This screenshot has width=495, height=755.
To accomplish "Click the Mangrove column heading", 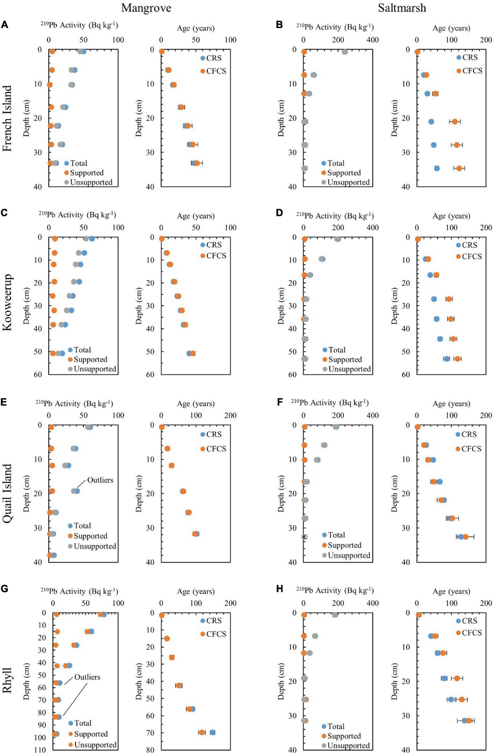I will [146, 8].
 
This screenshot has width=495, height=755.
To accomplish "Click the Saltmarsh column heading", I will [402, 8].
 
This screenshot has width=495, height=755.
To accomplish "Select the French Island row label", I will [8, 118].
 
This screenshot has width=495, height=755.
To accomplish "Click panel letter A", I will [5, 25].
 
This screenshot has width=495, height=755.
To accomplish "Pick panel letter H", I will [279, 589].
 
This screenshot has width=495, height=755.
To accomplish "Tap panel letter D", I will [279, 213].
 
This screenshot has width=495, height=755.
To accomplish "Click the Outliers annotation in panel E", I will [100, 480].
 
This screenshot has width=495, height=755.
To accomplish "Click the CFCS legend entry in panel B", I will [472, 71].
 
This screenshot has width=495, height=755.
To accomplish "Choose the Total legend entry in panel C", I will [82, 350].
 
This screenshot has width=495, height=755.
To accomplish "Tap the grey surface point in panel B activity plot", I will [345, 52].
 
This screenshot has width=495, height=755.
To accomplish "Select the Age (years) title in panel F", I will [451, 404].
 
